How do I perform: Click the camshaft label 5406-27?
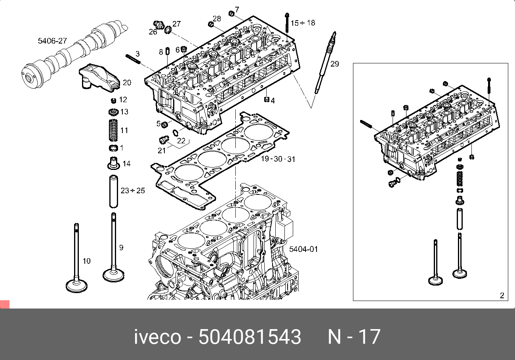coord(52,41)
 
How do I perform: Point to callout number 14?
coord(126,164)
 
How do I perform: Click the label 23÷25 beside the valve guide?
coord(133,190)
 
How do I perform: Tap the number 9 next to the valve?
coord(121,248)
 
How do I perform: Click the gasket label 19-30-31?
coord(278,159)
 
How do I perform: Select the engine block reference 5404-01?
coord(303,249)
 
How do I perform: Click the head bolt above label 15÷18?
coord(286,22)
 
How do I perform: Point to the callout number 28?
coord(216,19)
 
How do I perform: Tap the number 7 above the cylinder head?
coord(237,9)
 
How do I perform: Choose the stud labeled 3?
coord(134,58)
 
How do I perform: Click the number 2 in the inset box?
coord(502,295)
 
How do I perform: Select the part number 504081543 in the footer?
coord(250,337)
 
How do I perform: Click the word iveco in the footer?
coord(157,337)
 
